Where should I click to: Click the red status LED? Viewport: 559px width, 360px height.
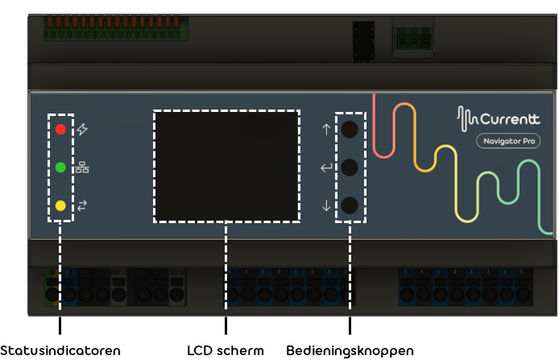pos(60,129)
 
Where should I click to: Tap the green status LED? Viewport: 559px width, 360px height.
pos(60,168)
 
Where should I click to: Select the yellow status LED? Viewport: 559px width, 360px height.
pos(60,205)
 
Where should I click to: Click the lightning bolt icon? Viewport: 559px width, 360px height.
pos(82,129)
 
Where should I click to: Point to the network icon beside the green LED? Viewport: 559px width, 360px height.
pos(82,168)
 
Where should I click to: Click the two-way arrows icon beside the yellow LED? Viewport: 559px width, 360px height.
pos(82,205)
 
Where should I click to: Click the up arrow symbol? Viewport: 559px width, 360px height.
pos(326,129)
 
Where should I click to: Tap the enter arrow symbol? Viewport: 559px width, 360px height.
pos(326,168)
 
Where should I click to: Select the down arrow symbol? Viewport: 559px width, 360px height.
pos(326,205)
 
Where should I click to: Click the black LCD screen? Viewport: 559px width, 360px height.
pos(226,167)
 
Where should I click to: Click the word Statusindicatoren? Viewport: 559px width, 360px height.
pos(60,350)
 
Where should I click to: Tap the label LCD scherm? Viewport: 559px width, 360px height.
pos(226,350)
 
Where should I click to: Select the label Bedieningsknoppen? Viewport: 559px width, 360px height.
pos(350,351)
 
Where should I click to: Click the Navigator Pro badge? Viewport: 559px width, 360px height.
pos(508,141)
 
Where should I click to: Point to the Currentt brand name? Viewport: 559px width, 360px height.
pos(510,119)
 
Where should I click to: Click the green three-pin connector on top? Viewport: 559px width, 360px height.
pos(413,39)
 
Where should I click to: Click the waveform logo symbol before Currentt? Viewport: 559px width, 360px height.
pos(467,118)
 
